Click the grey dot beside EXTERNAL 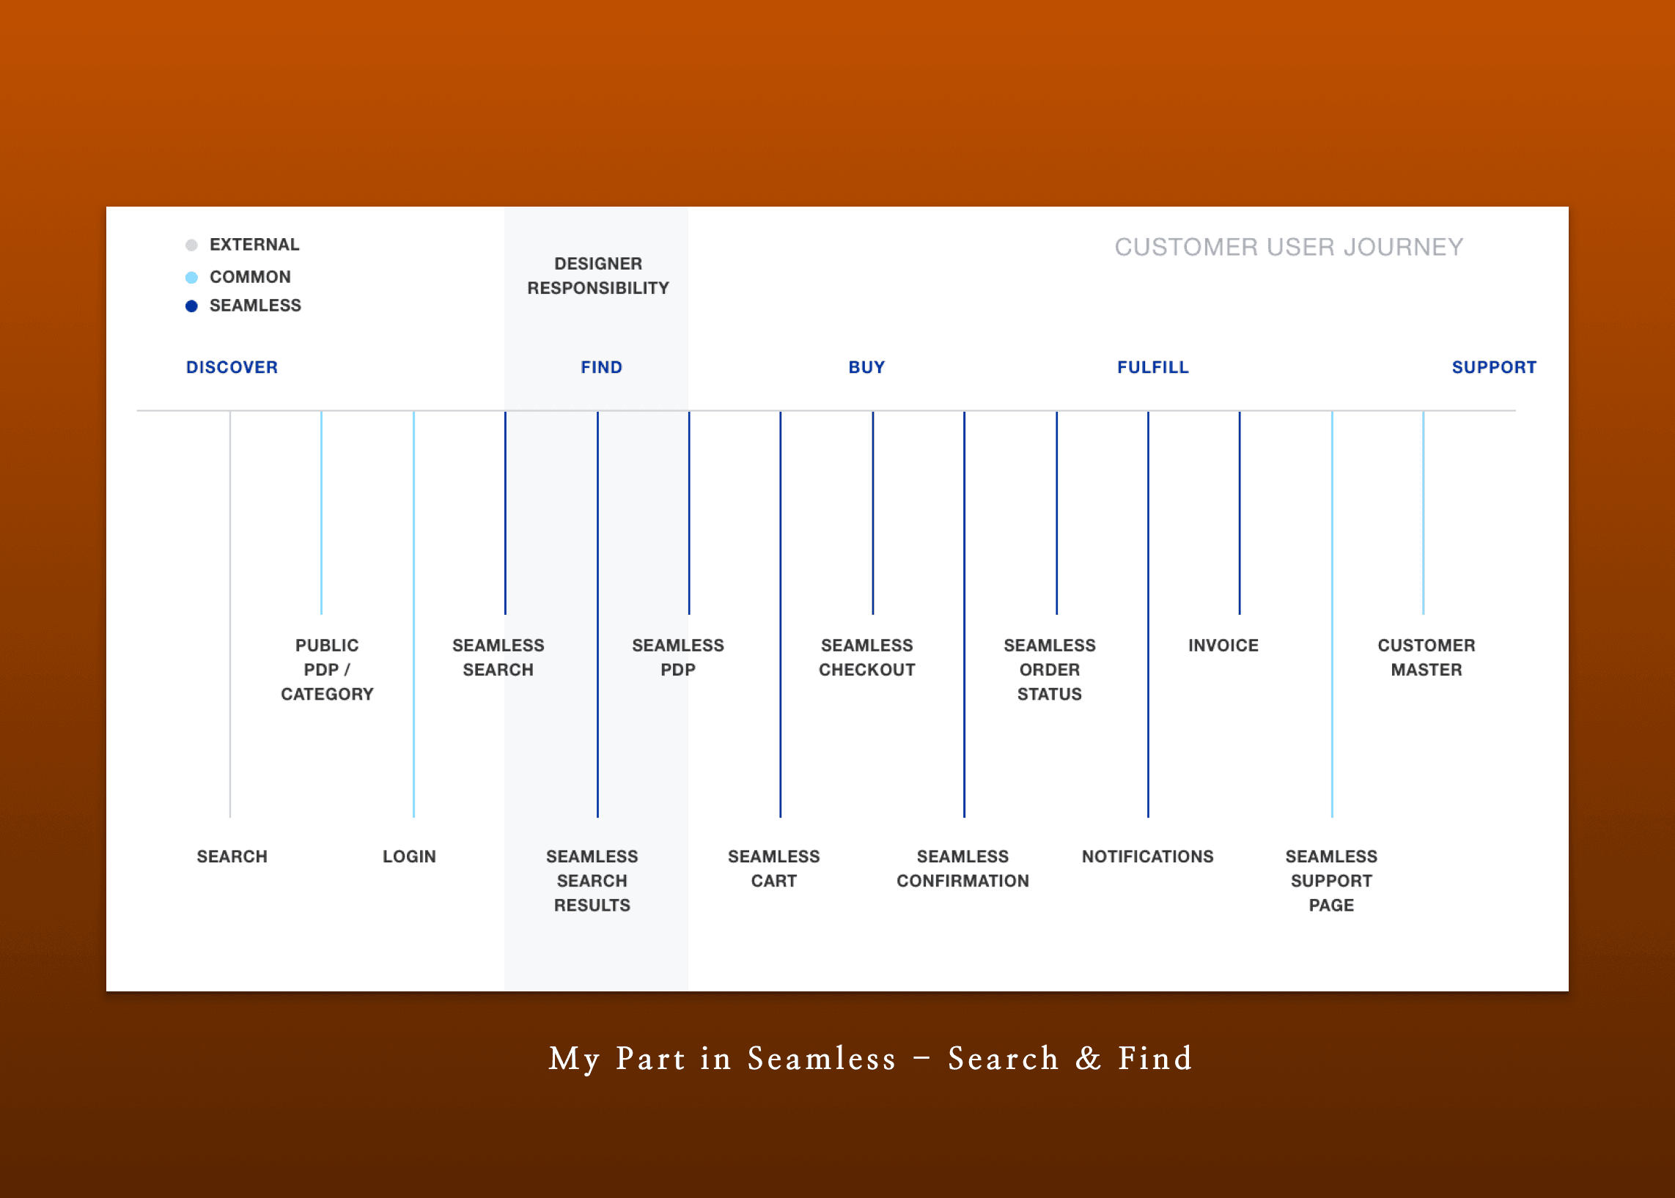(x=191, y=245)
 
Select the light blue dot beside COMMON (x=191, y=278)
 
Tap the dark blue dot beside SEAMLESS (x=191, y=306)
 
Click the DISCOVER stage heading (x=232, y=367)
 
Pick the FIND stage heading (x=601, y=367)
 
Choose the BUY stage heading (x=866, y=367)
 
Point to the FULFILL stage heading (x=1152, y=367)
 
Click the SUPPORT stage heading (x=1493, y=367)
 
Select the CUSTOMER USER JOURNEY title (x=1289, y=247)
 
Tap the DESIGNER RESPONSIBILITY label (x=597, y=276)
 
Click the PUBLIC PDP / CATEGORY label (x=327, y=670)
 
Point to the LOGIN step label (x=409, y=857)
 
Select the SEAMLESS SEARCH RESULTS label (x=592, y=881)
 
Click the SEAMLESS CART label (x=773, y=868)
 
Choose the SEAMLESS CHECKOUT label (x=866, y=657)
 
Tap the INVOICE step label (x=1223, y=646)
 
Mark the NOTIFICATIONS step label (x=1147, y=857)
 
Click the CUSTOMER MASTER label (x=1426, y=657)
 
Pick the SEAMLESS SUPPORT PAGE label (x=1331, y=881)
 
